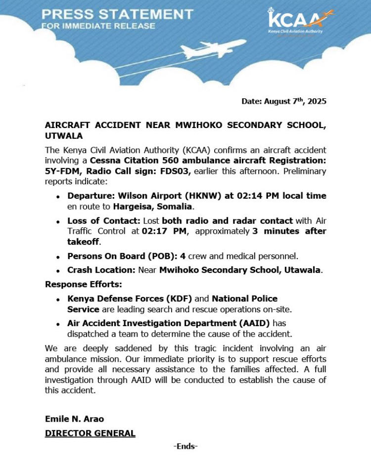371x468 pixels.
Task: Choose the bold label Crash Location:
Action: (97, 270)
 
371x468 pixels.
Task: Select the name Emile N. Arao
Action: (75, 420)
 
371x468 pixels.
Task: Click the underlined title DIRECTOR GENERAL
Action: (90, 433)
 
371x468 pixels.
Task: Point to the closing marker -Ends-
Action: (185, 446)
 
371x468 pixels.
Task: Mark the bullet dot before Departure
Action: (58, 196)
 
